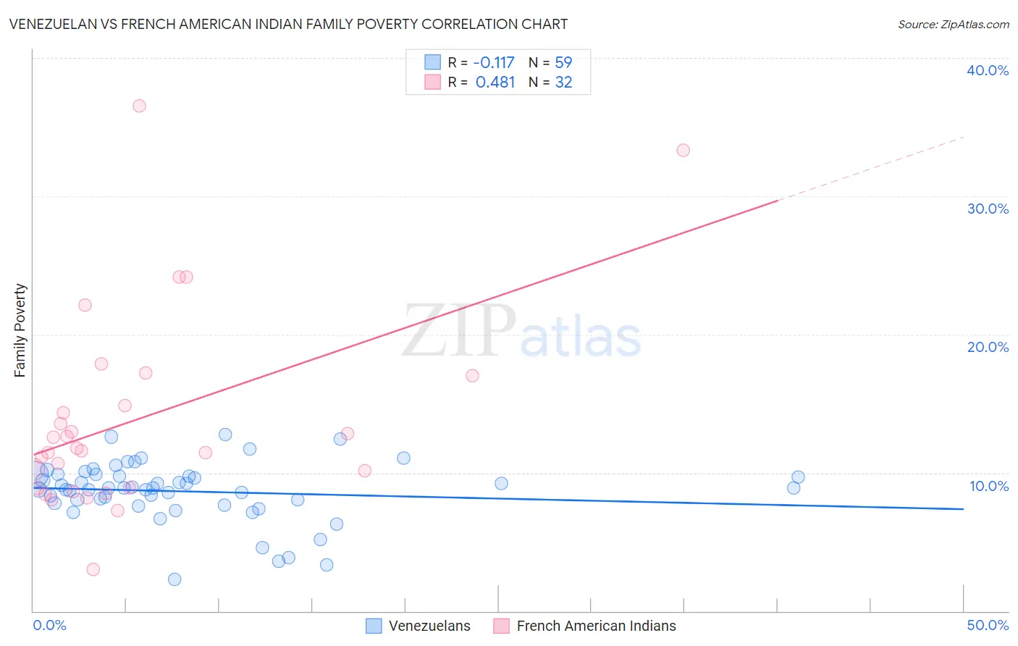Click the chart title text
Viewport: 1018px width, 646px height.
tap(288, 24)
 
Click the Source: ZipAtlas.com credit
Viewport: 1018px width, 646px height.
tap(953, 24)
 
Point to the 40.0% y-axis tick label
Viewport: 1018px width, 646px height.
tap(988, 70)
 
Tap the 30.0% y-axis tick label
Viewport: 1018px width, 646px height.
tap(988, 209)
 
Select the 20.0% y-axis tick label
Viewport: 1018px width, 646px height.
tap(988, 347)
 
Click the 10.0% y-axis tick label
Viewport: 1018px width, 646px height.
tap(989, 486)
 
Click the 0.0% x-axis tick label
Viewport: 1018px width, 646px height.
tap(49, 625)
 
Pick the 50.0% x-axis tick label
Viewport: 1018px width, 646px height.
tap(988, 625)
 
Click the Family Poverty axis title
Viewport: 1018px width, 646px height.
tap(20, 330)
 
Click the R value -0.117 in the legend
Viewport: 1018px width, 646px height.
tap(494, 62)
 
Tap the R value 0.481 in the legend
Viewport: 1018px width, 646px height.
tap(495, 83)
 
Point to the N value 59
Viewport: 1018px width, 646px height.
tap(563, 62)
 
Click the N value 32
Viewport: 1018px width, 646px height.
tap(563, 83)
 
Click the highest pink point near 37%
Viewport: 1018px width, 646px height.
tap(139, 106)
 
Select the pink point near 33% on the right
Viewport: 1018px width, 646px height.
tap(683, 151)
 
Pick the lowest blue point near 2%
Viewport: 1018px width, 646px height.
tap(174, 579)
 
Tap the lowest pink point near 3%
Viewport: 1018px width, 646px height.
tap(93, 569)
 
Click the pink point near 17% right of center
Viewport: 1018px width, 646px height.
tap(472, 376)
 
